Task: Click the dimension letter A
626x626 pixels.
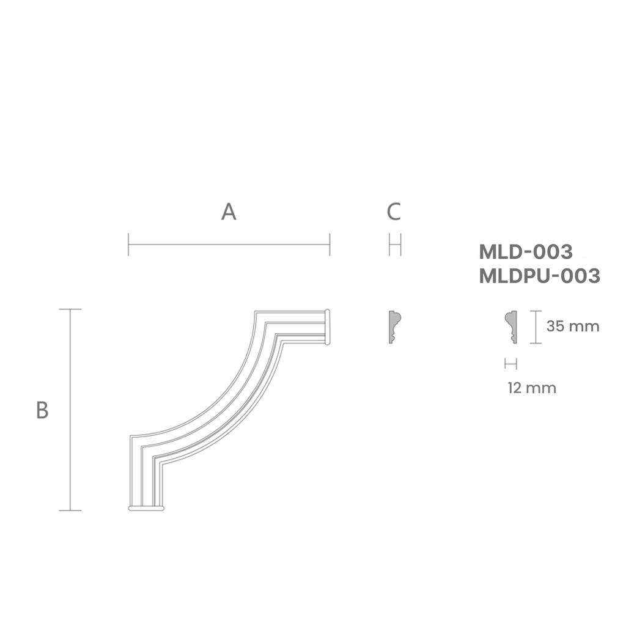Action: tap(229, 212)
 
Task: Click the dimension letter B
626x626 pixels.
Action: tap(42, 410)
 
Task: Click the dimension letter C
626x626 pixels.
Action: tap(394, 212)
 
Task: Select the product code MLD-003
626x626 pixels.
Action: tap(526, 251)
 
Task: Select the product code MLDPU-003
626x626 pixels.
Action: tap(540, 276)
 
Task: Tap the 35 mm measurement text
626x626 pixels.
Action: tap(573, 326)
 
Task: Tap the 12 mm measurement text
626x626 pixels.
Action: tap(532, 388)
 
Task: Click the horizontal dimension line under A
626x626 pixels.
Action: tap(229, 245)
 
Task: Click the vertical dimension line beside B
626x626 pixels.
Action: tap(70, 410)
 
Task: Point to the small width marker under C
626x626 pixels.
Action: tap(394, 245)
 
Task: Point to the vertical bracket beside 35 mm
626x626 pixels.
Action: tap(536, 327)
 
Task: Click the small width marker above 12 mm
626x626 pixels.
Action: tap(510, 364)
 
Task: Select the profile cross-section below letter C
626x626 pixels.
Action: tap(394, 326)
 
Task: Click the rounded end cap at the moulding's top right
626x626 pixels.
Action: tap(328, 326)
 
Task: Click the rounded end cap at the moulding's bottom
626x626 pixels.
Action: tap(146, 507)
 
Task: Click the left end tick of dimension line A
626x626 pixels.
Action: tap(128, 245)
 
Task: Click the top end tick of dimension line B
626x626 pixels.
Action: tap(70, 309)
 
